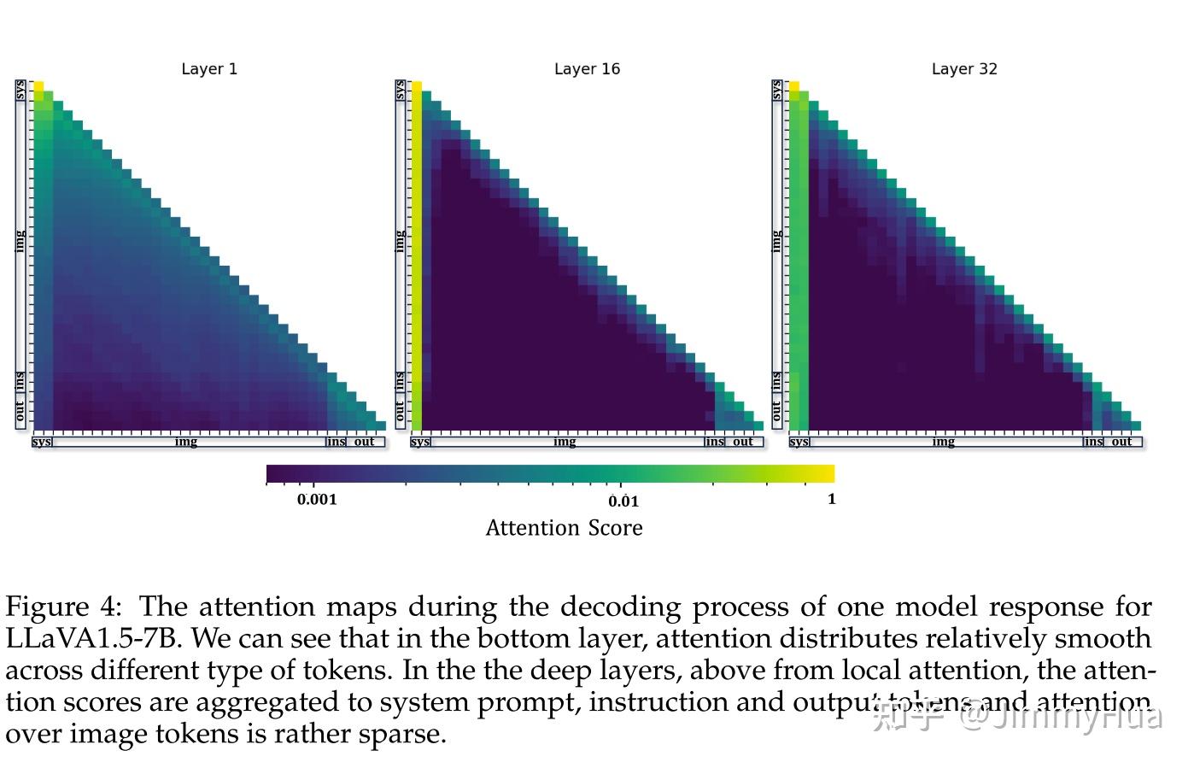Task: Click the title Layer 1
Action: pos(209,69)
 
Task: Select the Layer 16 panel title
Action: pos(587,69)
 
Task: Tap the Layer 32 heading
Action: pos(964,69)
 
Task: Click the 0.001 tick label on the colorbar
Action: pos(317,500)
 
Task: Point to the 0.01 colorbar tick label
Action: pos(623,501)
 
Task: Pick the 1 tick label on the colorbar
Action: pos(831,500)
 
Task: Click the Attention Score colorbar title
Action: pos(564,529)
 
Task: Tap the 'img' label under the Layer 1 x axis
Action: pos(186,442)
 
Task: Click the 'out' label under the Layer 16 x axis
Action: pos(743,442)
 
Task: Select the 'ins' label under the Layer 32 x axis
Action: pos(1093,442)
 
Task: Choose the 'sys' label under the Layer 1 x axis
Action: pos(42,442)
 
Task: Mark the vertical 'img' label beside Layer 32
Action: pos(776,241)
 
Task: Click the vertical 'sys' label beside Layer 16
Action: pos(400,90)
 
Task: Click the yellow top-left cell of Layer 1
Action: pos(38,86)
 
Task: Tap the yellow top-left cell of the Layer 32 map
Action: pos(794,86)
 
